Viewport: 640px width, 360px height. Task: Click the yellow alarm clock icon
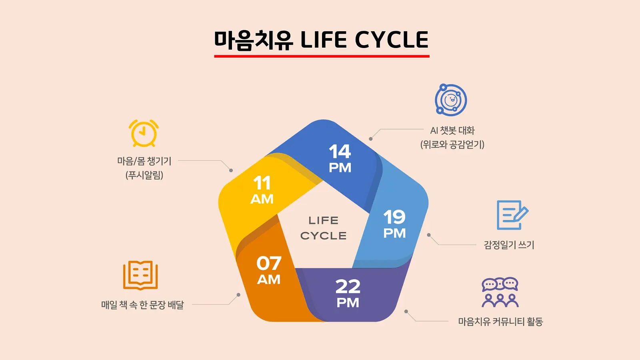pos(144,134)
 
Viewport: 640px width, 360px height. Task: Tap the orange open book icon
pos(140,275)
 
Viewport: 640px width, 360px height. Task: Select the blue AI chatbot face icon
pos(451,100)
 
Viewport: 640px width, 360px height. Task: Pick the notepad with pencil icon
pos(512,215)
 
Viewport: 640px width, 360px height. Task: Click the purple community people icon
pos(500,292)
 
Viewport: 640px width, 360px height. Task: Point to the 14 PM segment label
pos(340,158)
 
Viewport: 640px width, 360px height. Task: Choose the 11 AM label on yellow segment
pos(262,190)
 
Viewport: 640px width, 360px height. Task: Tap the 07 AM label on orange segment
pos(269,270)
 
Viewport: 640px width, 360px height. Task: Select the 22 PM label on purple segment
pos(348,294)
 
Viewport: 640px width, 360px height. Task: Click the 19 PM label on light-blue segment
pos(394,224)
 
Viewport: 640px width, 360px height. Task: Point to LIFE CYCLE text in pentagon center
pos(324,228)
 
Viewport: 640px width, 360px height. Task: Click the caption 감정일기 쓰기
pos(509,245)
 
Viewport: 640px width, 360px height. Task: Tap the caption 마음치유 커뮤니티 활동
pos(500,322)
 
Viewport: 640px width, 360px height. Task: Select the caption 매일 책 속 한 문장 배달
pos(142,305)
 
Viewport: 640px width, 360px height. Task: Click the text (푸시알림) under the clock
pos(144,175)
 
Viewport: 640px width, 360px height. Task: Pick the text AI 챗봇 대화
pos(452,130)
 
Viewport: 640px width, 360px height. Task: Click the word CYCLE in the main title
pos(392,40)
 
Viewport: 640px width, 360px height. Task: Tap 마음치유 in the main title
pos(254,40)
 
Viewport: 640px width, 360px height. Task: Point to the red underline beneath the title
pos(322,56)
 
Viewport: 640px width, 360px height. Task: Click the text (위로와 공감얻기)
pos(452,144)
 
